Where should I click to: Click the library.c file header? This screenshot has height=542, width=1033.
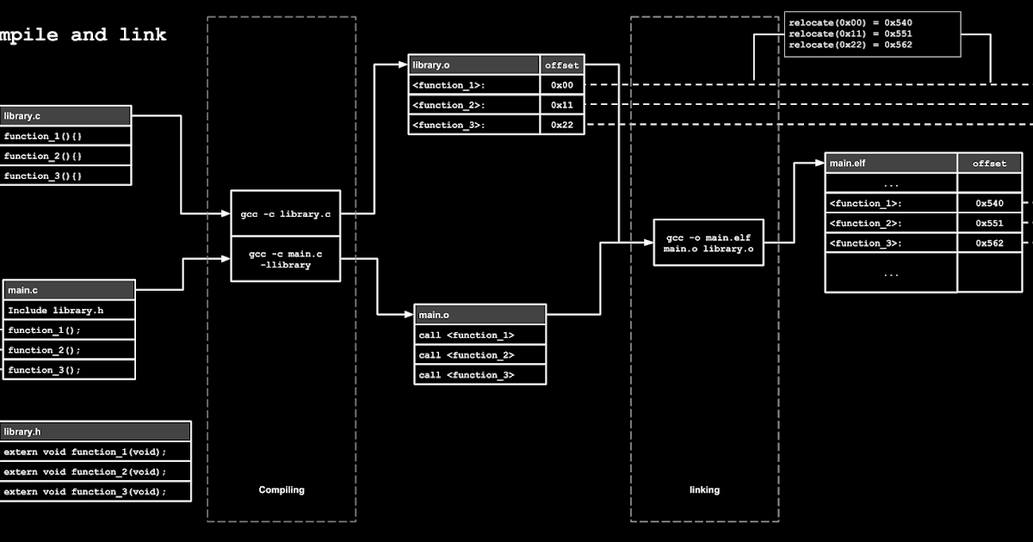click(x=65, y=116)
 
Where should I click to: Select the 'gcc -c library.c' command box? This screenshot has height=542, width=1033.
click(x=286, y=213)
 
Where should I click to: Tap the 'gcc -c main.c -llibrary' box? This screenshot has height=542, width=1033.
click(x=286, y=259)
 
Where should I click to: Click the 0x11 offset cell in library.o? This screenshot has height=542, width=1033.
click(x=563, y=105)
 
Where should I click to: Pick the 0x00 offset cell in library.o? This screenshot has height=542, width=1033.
click(x=563, y=85)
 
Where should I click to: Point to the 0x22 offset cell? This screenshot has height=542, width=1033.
click(x=563, y=125)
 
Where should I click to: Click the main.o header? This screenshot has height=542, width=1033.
click(x=479, y=314)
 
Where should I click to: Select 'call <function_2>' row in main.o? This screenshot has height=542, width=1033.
click(x=479, y=354)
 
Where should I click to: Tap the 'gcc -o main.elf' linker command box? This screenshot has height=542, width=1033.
click(x=708, y=243)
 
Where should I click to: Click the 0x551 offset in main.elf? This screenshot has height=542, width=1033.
click(x=989, y=223)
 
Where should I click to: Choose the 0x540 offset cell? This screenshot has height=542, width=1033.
click(x=989, y=203)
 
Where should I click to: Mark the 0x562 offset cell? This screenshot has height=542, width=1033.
click(x=989, y=243)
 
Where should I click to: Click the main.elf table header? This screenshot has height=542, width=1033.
click(x=891, y=163)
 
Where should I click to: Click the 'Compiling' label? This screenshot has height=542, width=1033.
click(x=281, y=490)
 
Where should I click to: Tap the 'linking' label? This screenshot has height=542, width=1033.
click(x=704, y=490)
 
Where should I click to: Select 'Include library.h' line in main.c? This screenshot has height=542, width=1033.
click(x=70, y=310)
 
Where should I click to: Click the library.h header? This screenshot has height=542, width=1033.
click(x=96, y=431)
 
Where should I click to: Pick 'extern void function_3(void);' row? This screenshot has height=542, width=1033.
click(x=96, y=491)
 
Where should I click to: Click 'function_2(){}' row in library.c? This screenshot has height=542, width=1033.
click(x=65, y=156)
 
